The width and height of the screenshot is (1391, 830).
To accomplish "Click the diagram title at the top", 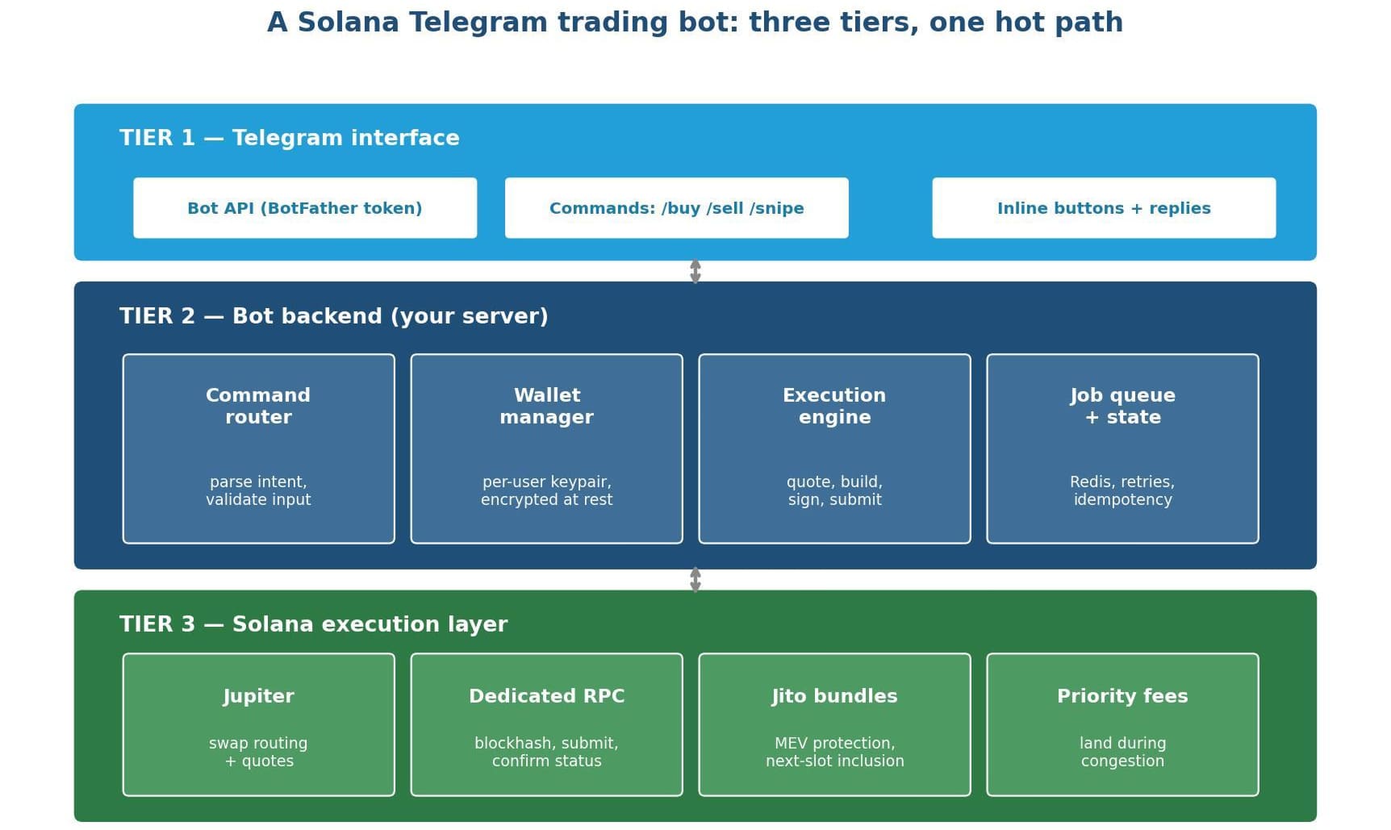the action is tap(695, 23).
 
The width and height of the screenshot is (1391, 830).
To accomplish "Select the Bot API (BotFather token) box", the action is tap(305, 208).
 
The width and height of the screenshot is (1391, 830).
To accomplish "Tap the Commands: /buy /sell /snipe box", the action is tap(677, 208).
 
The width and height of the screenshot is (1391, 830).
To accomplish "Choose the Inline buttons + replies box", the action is tap(1104, 208).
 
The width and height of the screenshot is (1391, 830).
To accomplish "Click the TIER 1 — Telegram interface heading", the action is tap(290, 138).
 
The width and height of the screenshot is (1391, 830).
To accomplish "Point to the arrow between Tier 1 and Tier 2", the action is tap(695, 271).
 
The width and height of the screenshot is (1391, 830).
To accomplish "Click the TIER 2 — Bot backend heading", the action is tap(334, 316).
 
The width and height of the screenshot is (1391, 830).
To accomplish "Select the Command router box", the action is tap(259, 448).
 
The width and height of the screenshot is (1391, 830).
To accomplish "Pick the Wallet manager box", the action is tap(547, 448).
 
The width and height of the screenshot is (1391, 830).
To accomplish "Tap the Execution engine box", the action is tap(835, 448).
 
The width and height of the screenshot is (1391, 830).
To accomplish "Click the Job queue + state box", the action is tap(1122, 448).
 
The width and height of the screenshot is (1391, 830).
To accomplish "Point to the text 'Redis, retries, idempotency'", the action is tap(1122, 490).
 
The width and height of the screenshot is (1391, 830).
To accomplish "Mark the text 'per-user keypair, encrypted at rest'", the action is tap(547, 490).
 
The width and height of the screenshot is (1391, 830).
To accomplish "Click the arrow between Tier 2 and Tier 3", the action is tap(695, 580).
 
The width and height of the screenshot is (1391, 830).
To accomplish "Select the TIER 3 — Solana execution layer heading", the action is tap(314, 624).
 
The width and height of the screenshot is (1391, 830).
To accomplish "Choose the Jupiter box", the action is tap(259, 724).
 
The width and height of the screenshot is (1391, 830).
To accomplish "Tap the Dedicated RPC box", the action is tap(547, 724).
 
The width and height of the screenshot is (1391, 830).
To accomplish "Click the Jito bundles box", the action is tap(835, 724).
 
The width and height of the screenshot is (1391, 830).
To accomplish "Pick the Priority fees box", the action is tap(1122, 724).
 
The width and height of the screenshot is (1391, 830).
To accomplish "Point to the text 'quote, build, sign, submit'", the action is tap(835, 490).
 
